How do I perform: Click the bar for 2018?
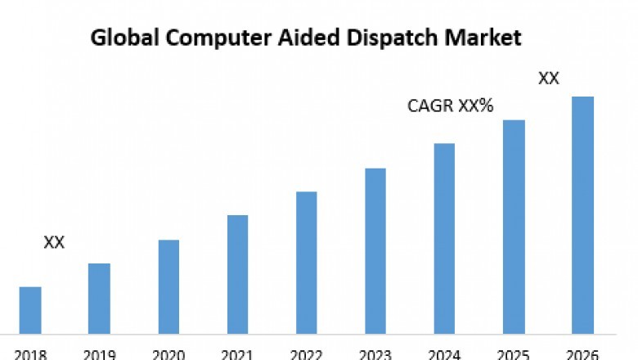(x=30, y=310)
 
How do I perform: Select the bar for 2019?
(x=99, y=299)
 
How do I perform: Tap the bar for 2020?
(x=168, y=286)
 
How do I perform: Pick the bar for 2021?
(x=237, y=274)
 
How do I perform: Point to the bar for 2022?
(x=306, y=263)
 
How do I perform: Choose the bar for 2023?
(x=375, y=251)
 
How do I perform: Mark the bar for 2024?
(x=444, y=238)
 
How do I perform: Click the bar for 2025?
(x=514, y=227)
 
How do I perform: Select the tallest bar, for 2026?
(x=582, y=215)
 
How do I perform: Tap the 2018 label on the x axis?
(x=30, y=354)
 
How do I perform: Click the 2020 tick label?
(x=168, y=354)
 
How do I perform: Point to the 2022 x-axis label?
(x=306, y=354)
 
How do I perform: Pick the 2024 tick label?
(x=444, y=354)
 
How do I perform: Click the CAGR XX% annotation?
(x=450, y=106)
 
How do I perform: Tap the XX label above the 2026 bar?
(x=549, y=79)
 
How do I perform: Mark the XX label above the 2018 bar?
(x=54, y=242)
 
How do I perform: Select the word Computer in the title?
(x=193, y=38)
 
